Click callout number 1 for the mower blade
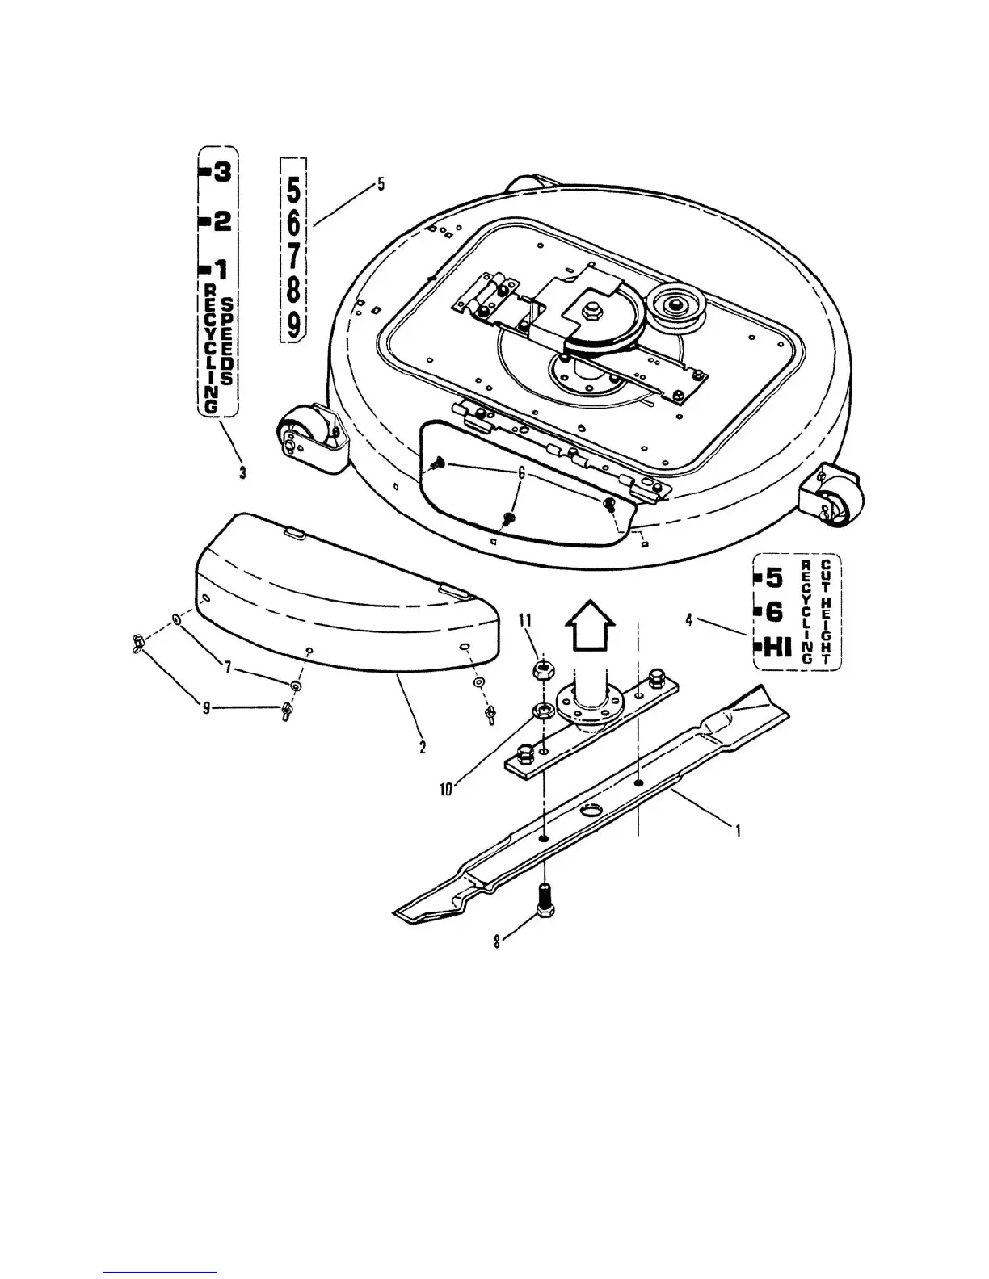(737, 828)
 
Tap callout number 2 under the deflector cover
(422, 747)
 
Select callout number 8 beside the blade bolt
(498, 941)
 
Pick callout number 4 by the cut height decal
(688, 620)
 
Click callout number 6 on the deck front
(521, 474)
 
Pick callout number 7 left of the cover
(229, 668)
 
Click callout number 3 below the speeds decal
(242, 473)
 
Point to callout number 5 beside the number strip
(381, 185)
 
